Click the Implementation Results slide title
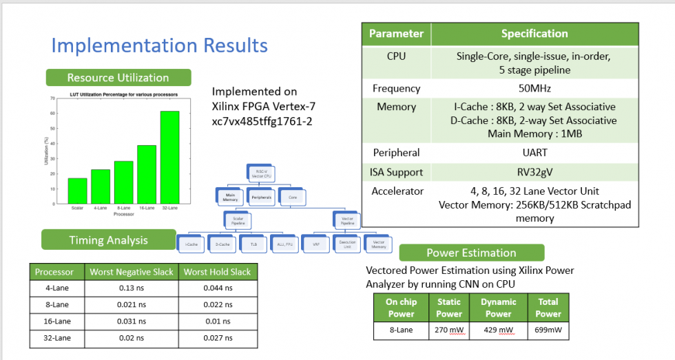click(x=159, y=45)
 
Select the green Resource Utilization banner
click(x=118, y=78)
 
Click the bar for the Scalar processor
click(x=78, y=191)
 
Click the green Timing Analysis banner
click(x=108, y=240)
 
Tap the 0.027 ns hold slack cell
click(x=218, y=339)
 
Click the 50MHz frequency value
click(x=534, y=89)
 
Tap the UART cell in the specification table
click(x=534, y=153)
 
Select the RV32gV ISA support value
click(x=534, y=172)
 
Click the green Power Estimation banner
click(x=471, y=253)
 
